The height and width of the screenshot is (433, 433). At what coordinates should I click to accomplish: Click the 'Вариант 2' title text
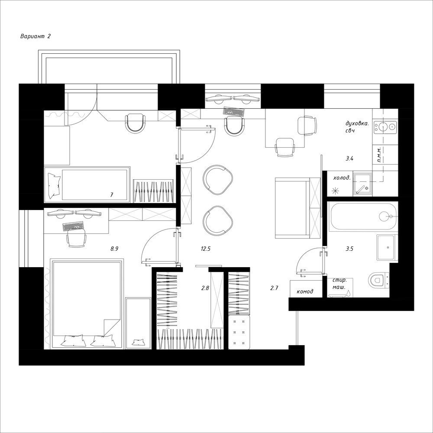pos(36,36)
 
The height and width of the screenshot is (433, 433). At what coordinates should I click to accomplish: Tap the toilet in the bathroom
pos(378,279)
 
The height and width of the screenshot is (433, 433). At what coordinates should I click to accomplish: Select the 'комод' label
pos(305,291)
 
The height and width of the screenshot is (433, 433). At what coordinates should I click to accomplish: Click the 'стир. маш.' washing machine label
pos(339,284)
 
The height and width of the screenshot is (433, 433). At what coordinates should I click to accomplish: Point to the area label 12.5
pos(206,249)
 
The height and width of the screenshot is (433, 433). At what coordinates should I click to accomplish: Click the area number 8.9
pos(114,249)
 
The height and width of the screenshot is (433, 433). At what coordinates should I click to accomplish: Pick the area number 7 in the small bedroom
pos(112,195)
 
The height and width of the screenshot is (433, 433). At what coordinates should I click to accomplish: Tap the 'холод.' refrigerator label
pos(342,178)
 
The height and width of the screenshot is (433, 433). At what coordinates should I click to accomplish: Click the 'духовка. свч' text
pos(357,127)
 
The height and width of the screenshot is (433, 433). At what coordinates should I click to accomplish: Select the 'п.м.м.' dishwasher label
pos(379,154)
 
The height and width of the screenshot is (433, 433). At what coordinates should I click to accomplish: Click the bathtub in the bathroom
pos(363,216)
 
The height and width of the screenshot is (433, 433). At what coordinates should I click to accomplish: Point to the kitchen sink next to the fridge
pos(362,183)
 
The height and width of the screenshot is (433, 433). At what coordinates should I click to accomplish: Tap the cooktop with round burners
pos(385,127)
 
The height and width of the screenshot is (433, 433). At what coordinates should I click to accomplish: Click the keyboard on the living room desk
pos(234,112)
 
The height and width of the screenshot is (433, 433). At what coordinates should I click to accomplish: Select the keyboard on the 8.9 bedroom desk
pos(73,226)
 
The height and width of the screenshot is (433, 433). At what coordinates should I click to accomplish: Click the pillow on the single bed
pos(54,185)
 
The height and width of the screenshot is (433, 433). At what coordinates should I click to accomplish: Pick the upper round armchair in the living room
pos(217,180)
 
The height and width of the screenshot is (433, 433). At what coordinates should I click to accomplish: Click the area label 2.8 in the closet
pos(205,288)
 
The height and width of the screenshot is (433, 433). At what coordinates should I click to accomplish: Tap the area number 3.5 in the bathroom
pos(349,249)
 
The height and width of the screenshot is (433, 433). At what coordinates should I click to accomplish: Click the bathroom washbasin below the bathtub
pos(388,247)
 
